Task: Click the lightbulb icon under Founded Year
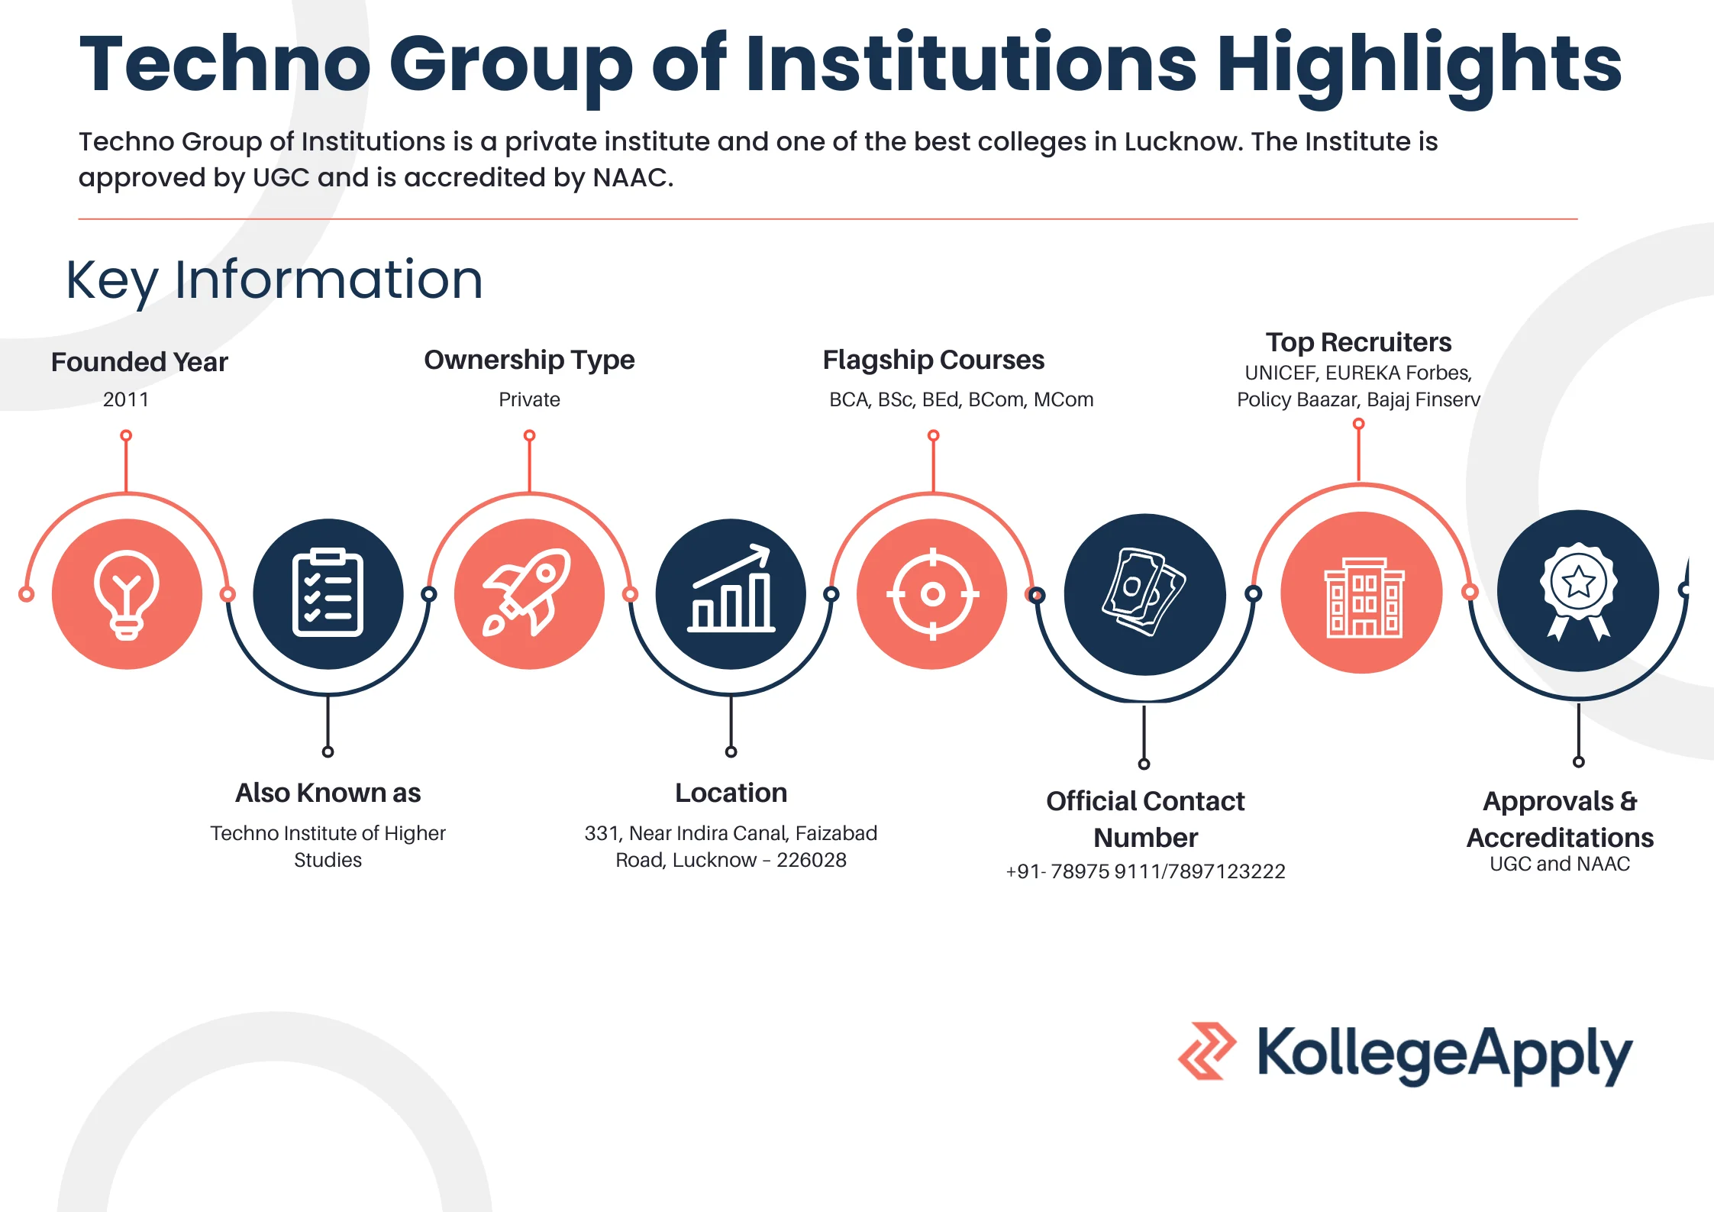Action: coord(127,594)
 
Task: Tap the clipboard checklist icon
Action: coord(328,593)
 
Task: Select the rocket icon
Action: coord(528,593)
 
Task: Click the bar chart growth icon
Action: coord(731,593)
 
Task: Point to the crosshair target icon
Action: coord(932,593)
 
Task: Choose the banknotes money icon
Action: coord(1144,593)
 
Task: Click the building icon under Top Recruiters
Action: coord(1362,593)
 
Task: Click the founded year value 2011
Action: coord(126,399)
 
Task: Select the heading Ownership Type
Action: coord(529,360)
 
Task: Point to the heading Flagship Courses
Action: coord(933,360)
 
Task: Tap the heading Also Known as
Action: coord(328,793)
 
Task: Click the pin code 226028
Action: coord(811,860)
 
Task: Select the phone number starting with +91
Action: coord(1145,871)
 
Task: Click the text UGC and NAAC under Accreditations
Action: coord(1560,864)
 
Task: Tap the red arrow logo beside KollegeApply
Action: coord(1206,1051)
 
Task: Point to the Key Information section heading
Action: coord(275,280)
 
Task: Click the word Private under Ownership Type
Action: coord(529,399)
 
